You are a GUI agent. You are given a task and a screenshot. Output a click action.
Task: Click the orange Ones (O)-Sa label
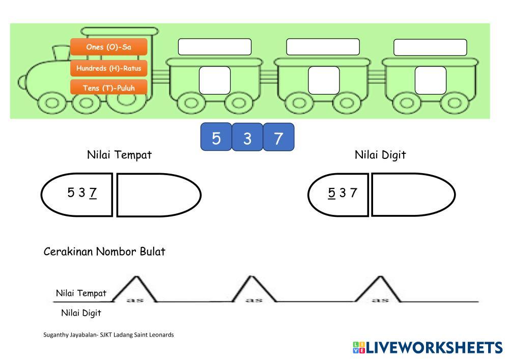[x=109, y=47]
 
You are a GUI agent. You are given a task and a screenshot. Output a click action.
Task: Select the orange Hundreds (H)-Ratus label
[x=109, y=68]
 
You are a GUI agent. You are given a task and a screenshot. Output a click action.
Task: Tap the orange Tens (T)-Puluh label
[x=109, y=88]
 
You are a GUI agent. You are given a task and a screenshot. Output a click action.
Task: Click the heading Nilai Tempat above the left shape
[x=119, y=155]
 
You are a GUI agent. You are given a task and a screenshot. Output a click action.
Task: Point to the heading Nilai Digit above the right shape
[x=380, y=155]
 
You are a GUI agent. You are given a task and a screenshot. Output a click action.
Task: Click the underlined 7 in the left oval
[x=93, y=193]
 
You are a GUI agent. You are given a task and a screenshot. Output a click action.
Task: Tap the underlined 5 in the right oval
[x=332, y=193]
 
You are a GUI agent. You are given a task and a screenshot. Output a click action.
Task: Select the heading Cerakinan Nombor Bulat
[x=104, y=252]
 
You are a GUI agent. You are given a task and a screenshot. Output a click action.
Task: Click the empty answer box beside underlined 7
[x=158, y=195]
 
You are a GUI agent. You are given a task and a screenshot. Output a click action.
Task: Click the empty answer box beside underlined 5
[x=412, y=195]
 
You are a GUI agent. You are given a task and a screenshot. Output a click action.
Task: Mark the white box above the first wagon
[x=214, y=47]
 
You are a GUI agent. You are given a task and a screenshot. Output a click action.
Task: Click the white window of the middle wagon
[x=324, y=80]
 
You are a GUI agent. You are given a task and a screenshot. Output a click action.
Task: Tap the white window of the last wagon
[x=430, y=80]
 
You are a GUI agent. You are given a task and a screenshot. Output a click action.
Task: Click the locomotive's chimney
[x=62, y=53]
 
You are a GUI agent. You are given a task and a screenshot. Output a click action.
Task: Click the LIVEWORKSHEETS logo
[x=427, y=348]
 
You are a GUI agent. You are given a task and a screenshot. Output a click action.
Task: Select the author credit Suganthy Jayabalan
[x=108, y=335]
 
